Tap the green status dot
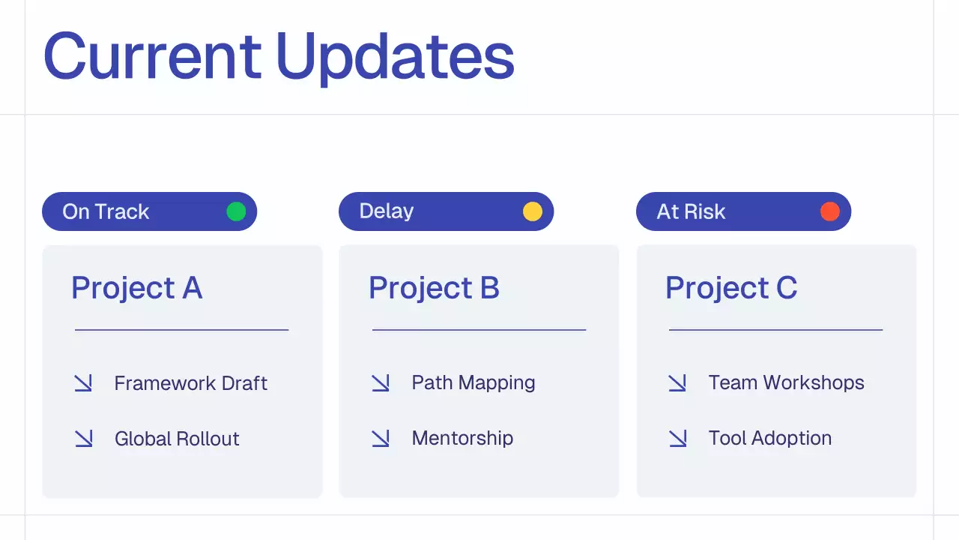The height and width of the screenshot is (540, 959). pyautogui.click(x=236, y=211)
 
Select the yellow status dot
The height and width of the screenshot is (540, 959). pyautogui.click(x=533, y=211)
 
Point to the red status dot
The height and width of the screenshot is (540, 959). pyautogui.click(x=830, y=211)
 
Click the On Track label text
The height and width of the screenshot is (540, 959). pyautogui.click(x=106, y=211)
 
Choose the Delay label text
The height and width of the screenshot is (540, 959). pyautogui.click(x=386, y=211)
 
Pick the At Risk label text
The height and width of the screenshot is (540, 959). pyautogui.click(x=691, y=211)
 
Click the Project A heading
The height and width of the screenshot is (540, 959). pyautogui.click(x=136, y=288)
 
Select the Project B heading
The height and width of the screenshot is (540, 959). pyautogui.click(x=434, y=288)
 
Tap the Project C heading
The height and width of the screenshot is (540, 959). pyautogui.click(x=731, y=288)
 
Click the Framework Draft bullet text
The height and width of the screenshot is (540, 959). pyautogui.click(x=190, y=383)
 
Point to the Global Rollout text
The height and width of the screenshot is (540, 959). pyautogui.click(x=177, y=439)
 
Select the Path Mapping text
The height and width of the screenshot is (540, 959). pyautogui.click(x=474, y=382)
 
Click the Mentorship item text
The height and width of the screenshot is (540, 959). pyautogui.click(x=462, y=438)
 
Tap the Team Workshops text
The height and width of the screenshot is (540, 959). pyautogui.click(x=786, y=382)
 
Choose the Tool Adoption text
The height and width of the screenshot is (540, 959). pyautogui.click(x=770, y=438)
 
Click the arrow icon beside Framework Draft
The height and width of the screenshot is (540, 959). pyautogui.click(x=83, y=383)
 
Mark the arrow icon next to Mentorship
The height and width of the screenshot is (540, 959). pyautogui.click(x=381, y=439)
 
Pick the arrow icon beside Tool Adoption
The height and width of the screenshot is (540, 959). pyautogui.click(x=677, y=439)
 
